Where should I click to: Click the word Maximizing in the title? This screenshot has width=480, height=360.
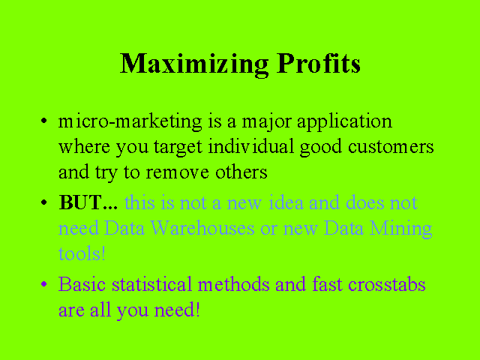(x=194, y=64)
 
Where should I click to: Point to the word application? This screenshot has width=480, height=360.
(x=344, y=122)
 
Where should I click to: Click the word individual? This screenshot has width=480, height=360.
(x=251, y=146)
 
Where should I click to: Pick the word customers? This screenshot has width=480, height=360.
(x=391, y=147)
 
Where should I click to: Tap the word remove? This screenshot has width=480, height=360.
(x=178, y=172)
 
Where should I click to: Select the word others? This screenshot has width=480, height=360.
(x=241, y=172)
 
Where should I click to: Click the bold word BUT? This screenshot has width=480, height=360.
(x=80, y=202)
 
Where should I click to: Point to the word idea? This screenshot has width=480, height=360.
(x=286, y=202)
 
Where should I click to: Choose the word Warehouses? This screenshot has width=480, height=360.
(x=202, y=228)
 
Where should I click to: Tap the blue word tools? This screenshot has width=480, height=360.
(x=82, y=253)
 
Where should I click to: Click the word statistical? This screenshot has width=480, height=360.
(x=151, y=284)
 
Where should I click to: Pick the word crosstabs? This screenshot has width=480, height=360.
(x=387, y=284)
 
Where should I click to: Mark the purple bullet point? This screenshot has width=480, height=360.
(x=44, y=284)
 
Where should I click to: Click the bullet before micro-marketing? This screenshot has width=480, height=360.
(x=44, y=121)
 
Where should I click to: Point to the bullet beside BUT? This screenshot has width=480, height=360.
(x=44, y=202)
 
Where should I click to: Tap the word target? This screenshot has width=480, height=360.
(x=178, y=148)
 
